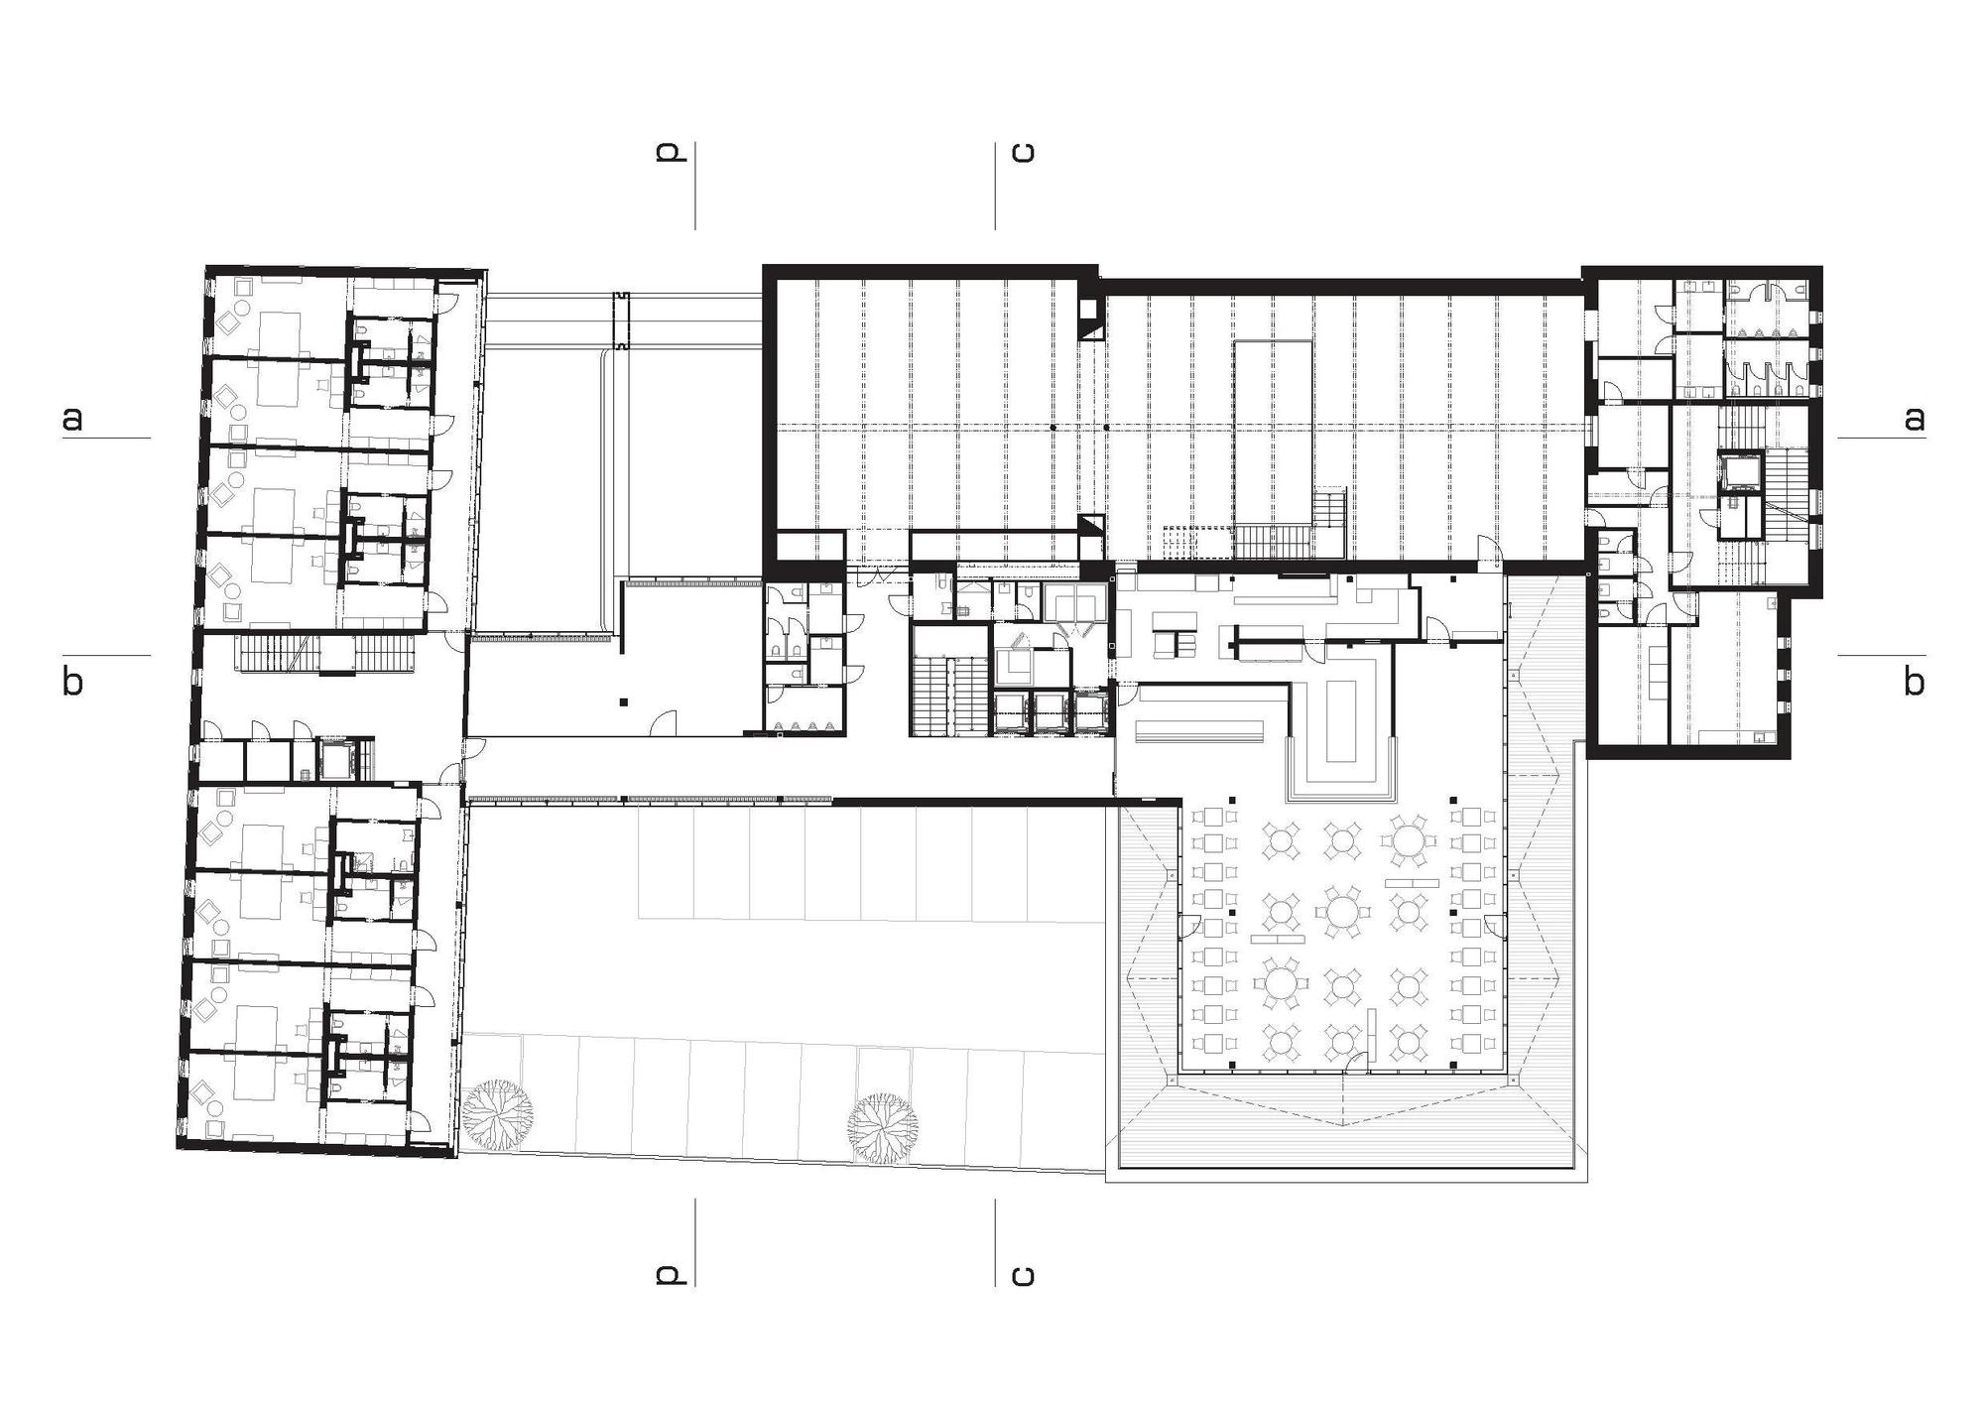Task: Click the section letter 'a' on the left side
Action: point(72,419)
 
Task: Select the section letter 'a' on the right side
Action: point(1914,419)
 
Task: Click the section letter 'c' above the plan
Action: point(1022,152)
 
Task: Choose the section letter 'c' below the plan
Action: point(1022,1274)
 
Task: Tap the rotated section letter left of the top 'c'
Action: point(671,152)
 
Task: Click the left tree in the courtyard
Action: point(497,1115)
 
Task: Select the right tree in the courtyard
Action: point(882,1125)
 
